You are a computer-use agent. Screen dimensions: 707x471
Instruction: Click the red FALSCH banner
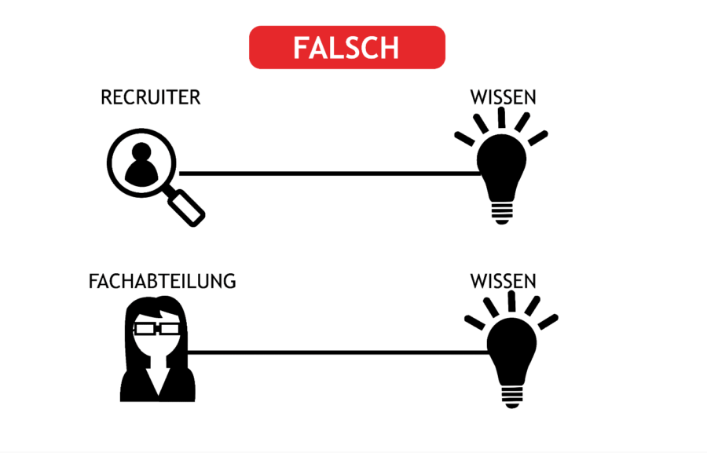[x=347, y=47]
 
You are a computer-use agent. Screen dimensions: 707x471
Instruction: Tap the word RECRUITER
[x=151, y=97]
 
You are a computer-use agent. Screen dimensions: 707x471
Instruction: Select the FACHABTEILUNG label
[x=163, y=281]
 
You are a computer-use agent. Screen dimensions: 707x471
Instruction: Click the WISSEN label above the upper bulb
[x=504, y=97]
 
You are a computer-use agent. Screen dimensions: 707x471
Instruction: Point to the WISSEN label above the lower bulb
[x=504, y=281]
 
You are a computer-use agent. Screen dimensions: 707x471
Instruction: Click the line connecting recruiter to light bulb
[x=330, y=173]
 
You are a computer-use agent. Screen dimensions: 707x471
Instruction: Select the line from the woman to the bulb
[x=338, y=352]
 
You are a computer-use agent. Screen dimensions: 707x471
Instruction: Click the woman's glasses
[x=156, y=329]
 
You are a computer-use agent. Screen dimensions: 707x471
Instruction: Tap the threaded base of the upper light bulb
[x=502, y=213]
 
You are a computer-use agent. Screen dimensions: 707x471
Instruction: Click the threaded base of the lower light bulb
[x=512, y=396]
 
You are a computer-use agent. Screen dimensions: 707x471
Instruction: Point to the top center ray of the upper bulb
[x=501, y=118]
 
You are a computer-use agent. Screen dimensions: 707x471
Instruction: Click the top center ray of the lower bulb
[x=511, y=301]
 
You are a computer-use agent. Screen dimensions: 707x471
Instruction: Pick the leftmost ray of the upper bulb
[x=464, y=139]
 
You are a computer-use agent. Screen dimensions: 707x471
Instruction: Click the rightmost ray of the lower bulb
[x=548, y=322]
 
